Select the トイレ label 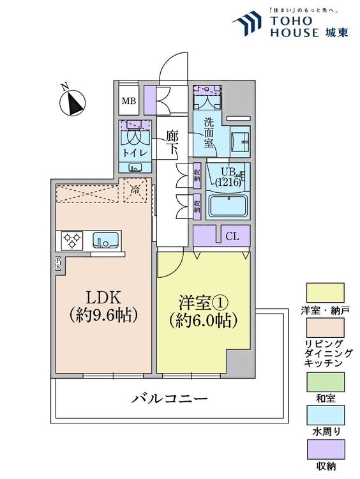tap(135, 153)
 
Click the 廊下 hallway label tap(172, 142)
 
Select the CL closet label tap(233, 236)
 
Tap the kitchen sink tap(105, 240)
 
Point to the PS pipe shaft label tap(57, 262)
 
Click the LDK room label tap(103, 297)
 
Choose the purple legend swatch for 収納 tap(326, 450)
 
